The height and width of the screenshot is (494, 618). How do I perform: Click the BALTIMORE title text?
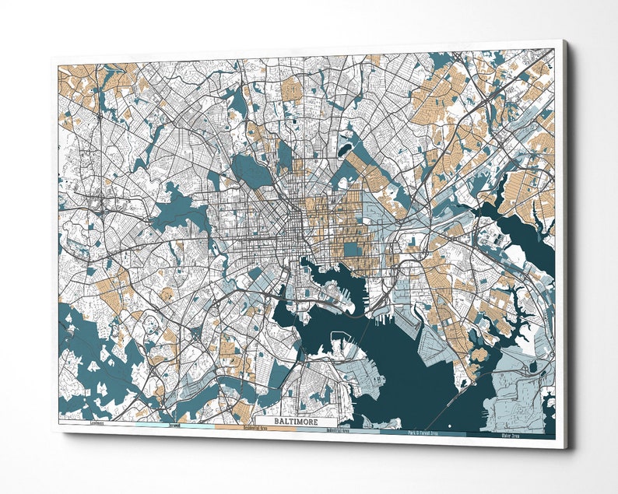pyautogui.click(x=296, y=421)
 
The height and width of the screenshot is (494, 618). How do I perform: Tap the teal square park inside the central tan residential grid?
pyautogui.click(x=353, y=249)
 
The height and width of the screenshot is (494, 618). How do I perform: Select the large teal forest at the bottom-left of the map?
pyautogui.click(x=86, y=342)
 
